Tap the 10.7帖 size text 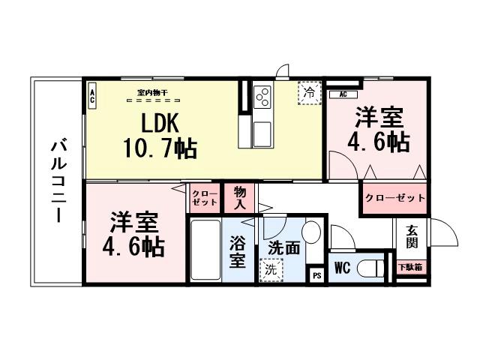tap(160, 148)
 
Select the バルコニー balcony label tap(57, 180)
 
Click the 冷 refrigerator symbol tap(308, 92)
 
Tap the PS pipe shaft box tap(316, 275)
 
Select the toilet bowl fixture tap(369, 268)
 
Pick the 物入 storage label tap(241, 198)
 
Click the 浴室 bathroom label tap(237, 253)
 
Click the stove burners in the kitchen tap(263, 97)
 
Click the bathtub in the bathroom tap(204, 249)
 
